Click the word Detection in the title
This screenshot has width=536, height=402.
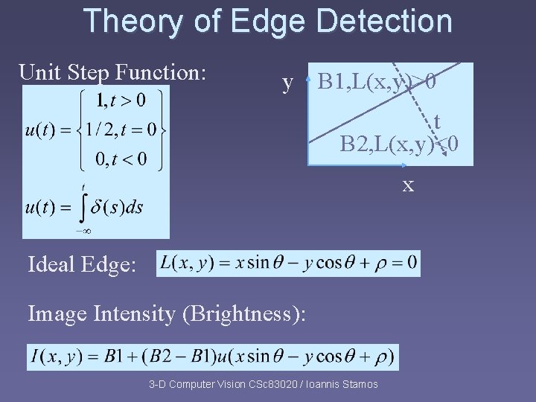pos(384,22)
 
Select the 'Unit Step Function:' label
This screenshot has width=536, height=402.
pos(112,73)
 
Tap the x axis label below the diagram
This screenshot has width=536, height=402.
pos(408,184)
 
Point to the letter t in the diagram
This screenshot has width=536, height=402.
pos(437,122)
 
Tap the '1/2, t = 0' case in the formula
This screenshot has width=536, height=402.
pos(121,130)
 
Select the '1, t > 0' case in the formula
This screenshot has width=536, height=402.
pos(121,100)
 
